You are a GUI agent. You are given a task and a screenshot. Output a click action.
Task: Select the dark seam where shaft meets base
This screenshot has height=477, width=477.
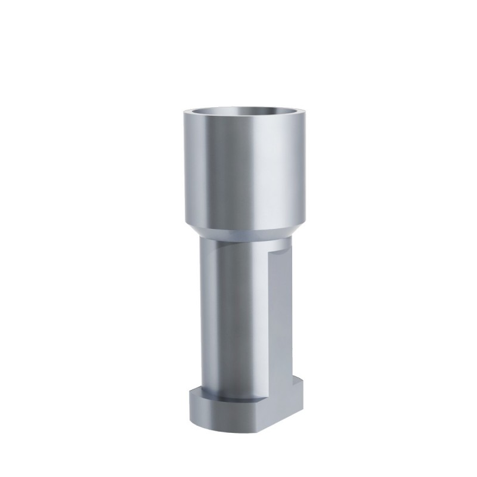(x=233, y=398)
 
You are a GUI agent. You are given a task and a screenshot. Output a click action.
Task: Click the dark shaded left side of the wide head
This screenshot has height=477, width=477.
(x=191, y=173)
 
